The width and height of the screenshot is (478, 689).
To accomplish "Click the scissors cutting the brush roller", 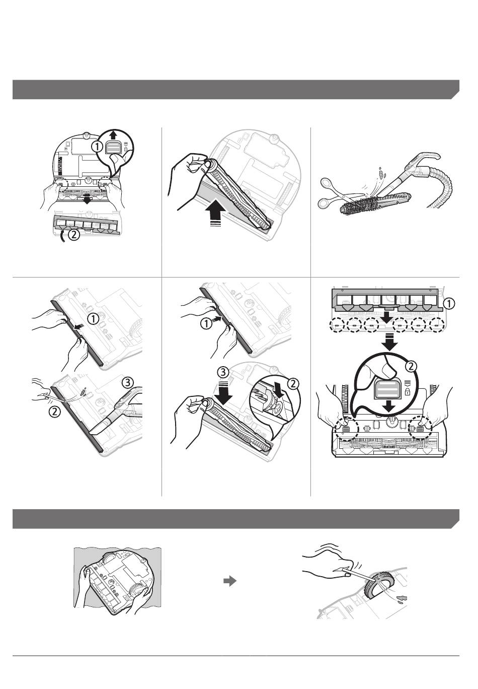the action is [x=338, y=192].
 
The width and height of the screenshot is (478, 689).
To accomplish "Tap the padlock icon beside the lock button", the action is [x=408, y=392].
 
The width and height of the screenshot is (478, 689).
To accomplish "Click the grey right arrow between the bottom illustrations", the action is [x=230, y=581].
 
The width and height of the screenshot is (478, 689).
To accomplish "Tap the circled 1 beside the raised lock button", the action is [x=97, y=147].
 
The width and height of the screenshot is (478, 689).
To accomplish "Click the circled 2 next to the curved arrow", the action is [x=74, y=235].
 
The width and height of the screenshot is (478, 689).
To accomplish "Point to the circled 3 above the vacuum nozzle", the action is [x=127, y=383].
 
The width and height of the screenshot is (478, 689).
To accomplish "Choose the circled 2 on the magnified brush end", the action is [x=293, y=383].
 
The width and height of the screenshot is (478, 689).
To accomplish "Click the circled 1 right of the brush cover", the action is [x=448, y=304].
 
